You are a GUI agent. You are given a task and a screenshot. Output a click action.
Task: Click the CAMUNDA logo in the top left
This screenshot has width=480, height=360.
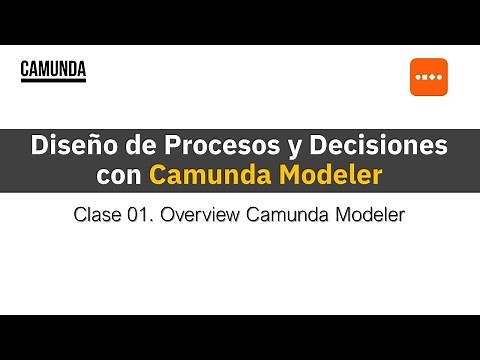53,69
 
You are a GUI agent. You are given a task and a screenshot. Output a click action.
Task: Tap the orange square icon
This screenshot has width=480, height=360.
428,78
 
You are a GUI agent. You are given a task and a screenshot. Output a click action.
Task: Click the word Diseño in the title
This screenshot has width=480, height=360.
75,146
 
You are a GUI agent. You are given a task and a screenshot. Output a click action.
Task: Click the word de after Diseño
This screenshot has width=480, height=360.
133,146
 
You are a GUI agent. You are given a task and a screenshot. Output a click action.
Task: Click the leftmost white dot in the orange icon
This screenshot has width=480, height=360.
418,78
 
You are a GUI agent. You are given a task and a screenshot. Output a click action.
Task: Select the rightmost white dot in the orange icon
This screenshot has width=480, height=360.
439,78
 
